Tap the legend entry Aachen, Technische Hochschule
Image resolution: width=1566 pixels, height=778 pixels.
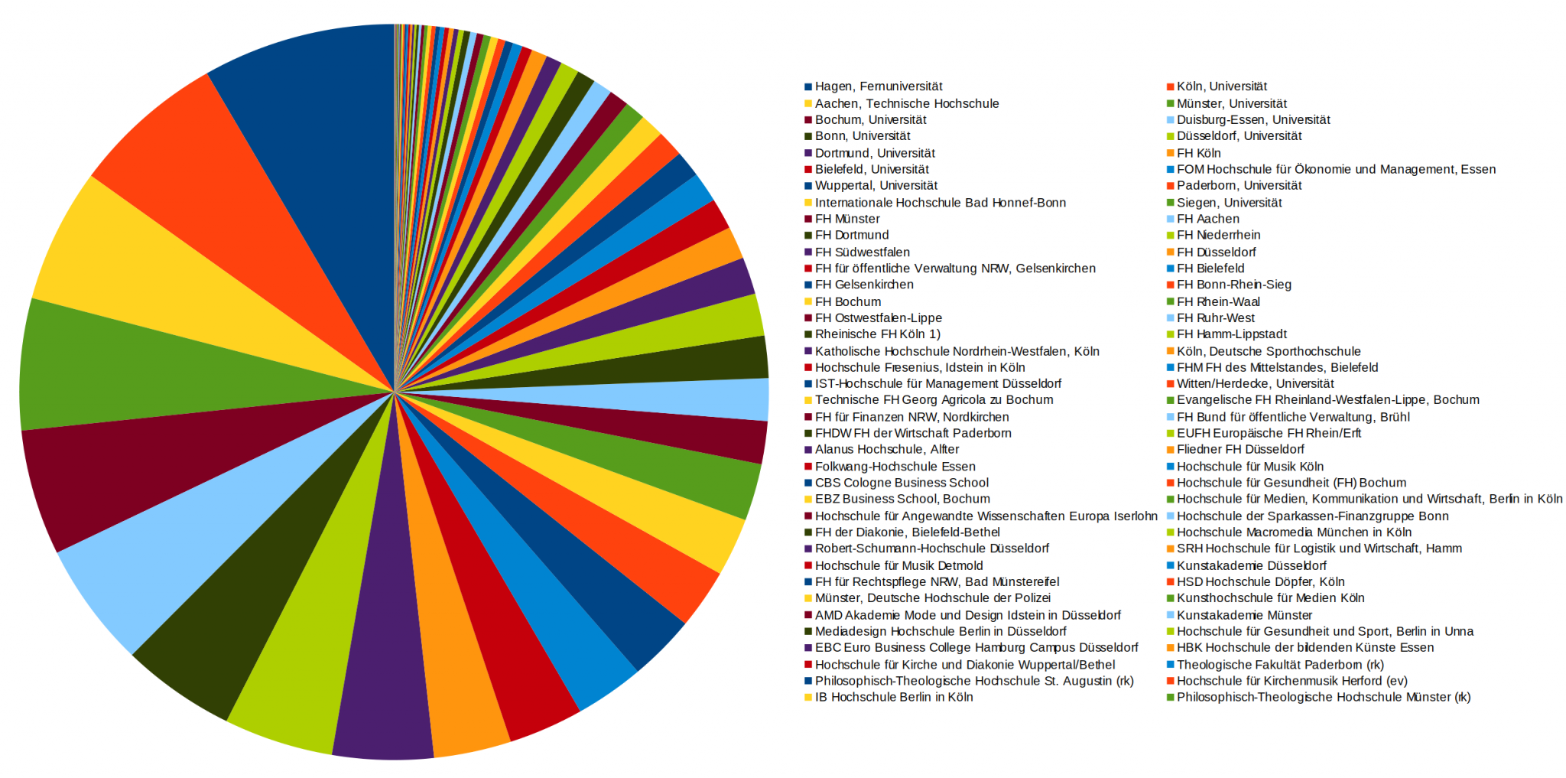(x=906, y=103)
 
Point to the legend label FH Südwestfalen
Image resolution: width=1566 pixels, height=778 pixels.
(x=862, y=252)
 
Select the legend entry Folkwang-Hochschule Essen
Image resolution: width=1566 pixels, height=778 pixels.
(x=895, y=467)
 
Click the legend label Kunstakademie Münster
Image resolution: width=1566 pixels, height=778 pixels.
(x=1244, y=615)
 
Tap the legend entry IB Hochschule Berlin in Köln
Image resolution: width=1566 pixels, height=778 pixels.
(x=893, y=697)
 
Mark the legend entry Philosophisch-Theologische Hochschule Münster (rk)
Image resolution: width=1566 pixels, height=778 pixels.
(x=1323, y=697)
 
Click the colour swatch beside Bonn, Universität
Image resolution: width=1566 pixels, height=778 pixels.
(x=808, y=136)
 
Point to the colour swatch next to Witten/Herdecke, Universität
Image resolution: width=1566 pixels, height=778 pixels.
(x=1170, y=384)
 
